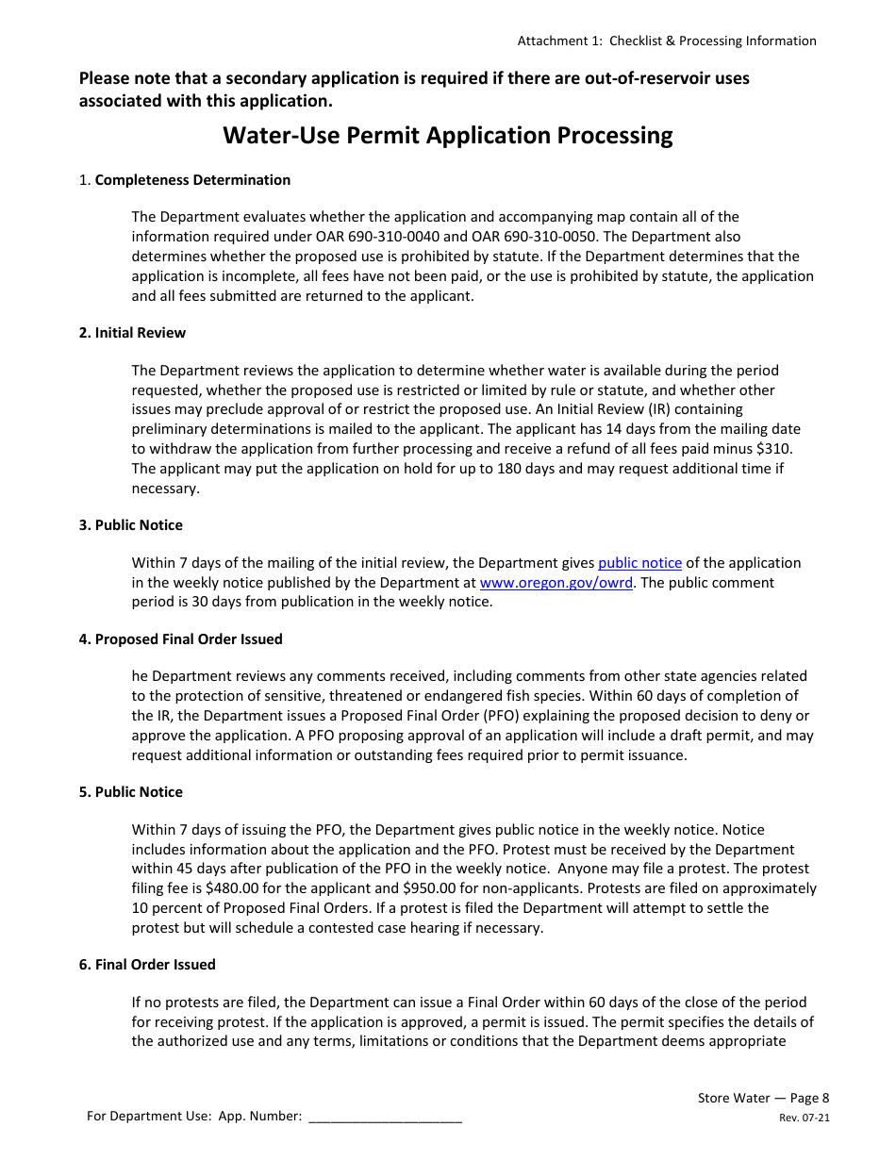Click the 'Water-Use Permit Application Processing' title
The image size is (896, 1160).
[x=447, y=136]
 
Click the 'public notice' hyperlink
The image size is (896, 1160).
[x=639, y=563]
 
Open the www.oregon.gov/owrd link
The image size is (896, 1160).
[x=556, y=583]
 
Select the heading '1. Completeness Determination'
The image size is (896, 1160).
[x=185, y=180]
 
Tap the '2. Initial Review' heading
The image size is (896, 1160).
[x=132, y=333]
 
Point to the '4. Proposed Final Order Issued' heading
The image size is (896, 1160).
[x=180, y=639]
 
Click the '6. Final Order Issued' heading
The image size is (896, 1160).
[x=147, y=965]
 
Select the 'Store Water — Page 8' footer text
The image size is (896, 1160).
[x=763, y=1098]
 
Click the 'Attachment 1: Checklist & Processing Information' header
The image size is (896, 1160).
[x=667, y=41]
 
